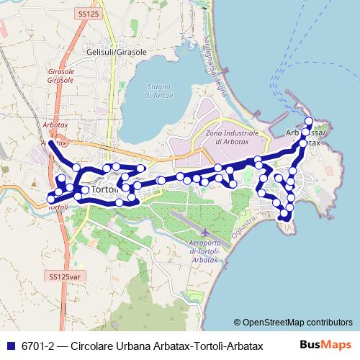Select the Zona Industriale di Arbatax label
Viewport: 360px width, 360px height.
click(x=232, y=137)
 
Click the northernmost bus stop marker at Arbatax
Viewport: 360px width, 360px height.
click(x=309, y=120)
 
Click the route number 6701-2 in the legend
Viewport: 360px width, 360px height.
click(x=37, y=344)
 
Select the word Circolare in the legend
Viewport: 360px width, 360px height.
click(x=89, y=344)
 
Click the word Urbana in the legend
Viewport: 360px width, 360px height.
click(x=132, y=344)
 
